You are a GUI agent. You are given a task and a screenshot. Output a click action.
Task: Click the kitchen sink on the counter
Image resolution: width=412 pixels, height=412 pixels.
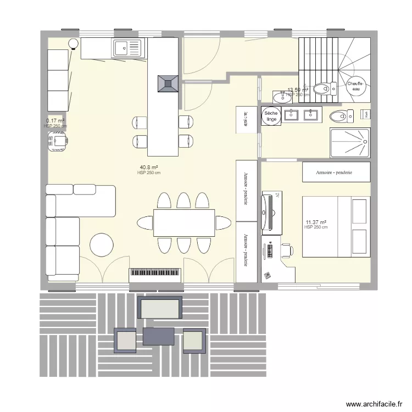(x=127, y=48)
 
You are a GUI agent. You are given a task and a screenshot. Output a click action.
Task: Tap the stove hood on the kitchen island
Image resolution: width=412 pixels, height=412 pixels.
(x=167, y=83)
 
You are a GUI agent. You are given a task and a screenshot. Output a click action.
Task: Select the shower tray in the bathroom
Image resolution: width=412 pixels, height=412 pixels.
(x=350, y=142)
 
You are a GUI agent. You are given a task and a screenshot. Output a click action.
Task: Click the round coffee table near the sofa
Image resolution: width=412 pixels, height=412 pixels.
(x=102, y=245)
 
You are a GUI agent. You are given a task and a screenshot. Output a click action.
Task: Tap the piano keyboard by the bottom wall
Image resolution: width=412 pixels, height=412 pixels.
(x=155, y=275)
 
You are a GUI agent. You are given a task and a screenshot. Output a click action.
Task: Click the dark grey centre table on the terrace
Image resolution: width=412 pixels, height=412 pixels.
(x=158, y=336)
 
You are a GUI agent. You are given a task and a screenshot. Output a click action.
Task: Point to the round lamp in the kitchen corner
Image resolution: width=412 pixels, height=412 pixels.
(x=73, y=44)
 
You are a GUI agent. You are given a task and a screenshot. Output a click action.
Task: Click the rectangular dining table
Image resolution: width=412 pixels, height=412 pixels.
(x=184, y=222)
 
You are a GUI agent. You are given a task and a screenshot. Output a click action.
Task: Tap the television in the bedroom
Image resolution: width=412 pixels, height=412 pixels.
(x=267, y=211)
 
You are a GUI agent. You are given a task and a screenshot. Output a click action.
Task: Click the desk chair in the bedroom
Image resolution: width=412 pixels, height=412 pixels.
(x=286, y=250)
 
